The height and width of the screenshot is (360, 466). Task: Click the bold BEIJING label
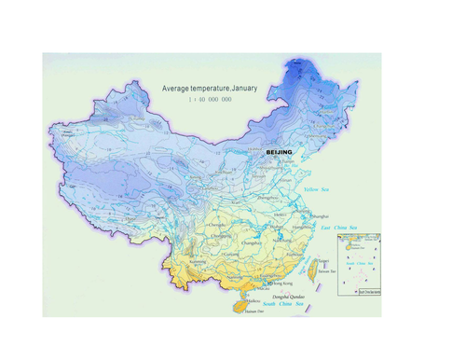279,151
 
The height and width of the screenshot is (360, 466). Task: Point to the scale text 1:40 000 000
210,99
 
